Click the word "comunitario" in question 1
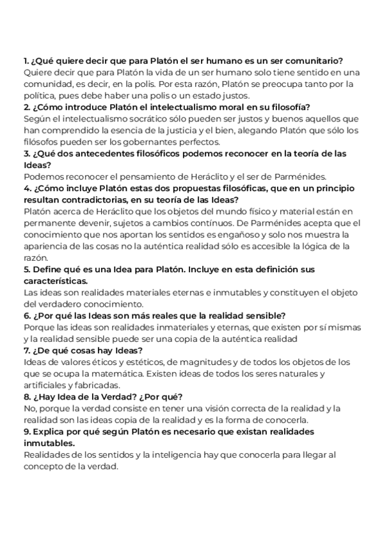coord(315,61)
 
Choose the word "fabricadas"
coord(96,384)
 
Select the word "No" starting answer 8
coord(29,407)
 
